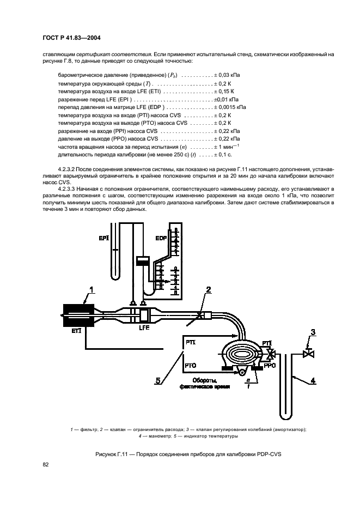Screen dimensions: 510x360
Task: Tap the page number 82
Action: [x=46, y=464]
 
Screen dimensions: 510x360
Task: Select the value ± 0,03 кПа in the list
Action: [x=224, y=75]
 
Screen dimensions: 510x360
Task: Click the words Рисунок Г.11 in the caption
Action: [x=115, y=454]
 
